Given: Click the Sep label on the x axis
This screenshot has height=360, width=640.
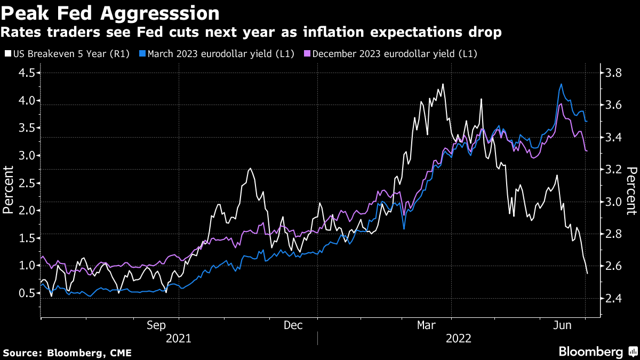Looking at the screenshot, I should pos(156,325).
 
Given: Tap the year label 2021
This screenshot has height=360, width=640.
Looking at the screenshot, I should pos(179,338).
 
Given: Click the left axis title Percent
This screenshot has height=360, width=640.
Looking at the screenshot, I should pos(9,189).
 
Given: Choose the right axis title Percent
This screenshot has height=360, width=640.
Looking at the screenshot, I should pos(631,191).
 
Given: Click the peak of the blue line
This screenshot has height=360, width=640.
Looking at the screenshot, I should pos(561,84).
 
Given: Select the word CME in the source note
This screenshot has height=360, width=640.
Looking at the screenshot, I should pos(120,353).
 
